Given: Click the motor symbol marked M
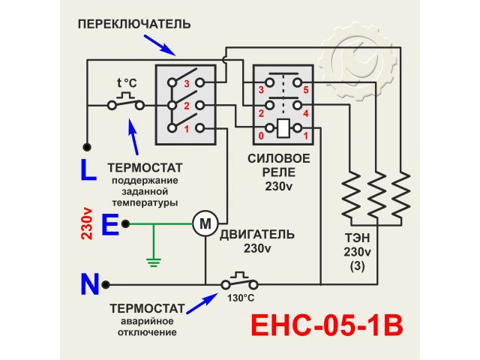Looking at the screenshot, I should (x=205, y=222).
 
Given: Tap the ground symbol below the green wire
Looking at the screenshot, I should (x=154, y=262).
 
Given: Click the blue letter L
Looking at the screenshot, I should (x=88, y=171).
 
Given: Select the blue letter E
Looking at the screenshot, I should (x=109, y=224).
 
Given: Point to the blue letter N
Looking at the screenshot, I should (x=90, y=285).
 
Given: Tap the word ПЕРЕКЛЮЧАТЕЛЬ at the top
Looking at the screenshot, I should (x=134, y=24).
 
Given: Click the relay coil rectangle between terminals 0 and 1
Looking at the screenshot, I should (x=283, y=128).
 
